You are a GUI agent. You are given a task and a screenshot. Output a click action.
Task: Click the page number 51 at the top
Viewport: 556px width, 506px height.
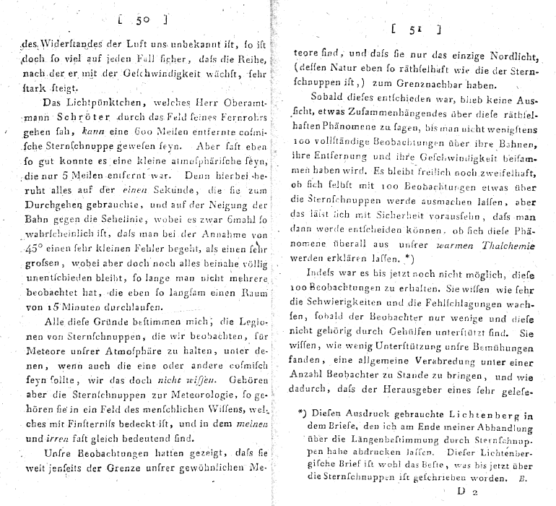(414, 30)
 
